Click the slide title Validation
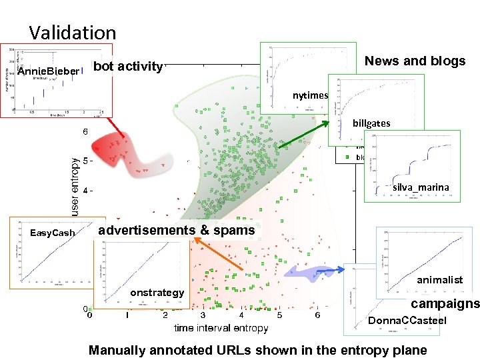tap(72, 32)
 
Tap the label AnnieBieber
tap(48, 71)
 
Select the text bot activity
tap(127, 66)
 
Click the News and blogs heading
tap(415, 61)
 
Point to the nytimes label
tap(311, 95)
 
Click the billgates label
tap(372, 123)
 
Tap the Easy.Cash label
tap(53, 233)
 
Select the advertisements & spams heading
tap(176, 230)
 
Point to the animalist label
tap(439, 280)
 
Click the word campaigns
tap(445, 303)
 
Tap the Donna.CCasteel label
tap(407, 321)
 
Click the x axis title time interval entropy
tap(221, 327)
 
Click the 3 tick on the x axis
tap(203, 315)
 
